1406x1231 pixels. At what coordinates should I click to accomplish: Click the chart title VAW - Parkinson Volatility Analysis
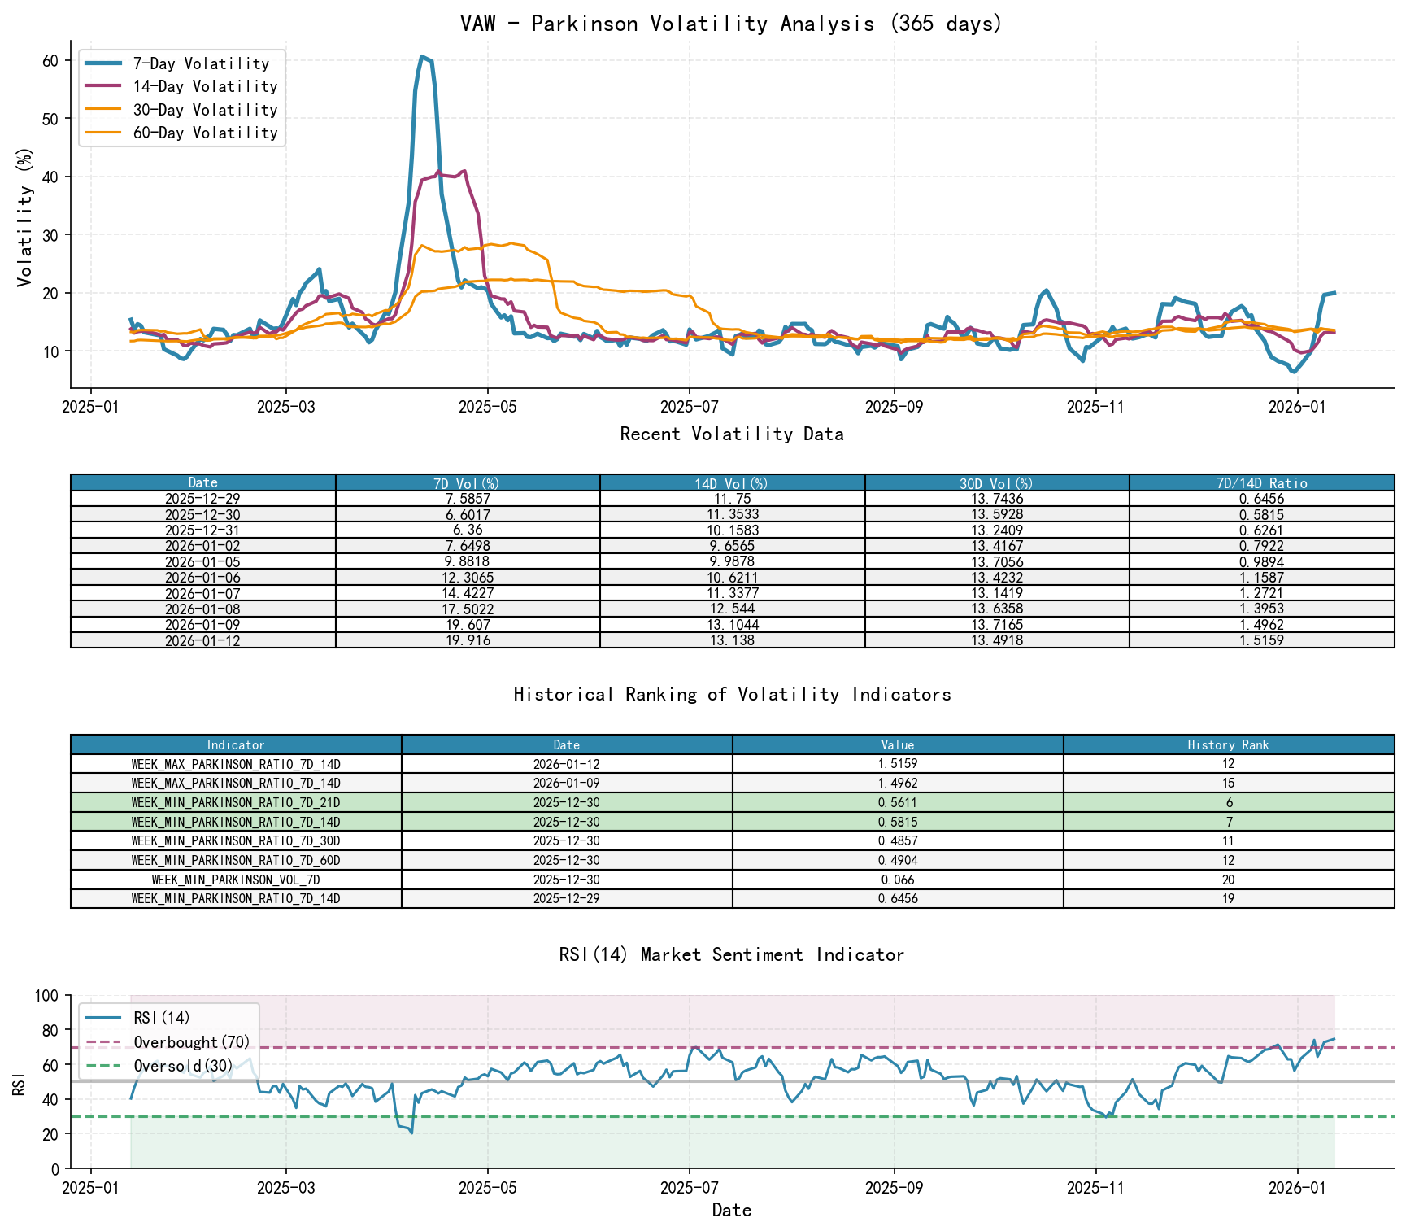coord(731,24)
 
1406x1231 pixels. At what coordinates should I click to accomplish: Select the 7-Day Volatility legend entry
coord(201,63)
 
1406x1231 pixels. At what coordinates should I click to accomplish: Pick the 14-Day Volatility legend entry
coord(205,86)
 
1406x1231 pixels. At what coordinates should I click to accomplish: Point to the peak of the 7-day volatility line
coord(421,56)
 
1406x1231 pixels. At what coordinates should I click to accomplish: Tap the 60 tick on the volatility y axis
coord(50,61)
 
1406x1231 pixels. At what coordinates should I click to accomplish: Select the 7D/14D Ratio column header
coord(1261,483)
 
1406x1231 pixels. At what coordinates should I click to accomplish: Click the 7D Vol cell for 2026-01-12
coord(468,640)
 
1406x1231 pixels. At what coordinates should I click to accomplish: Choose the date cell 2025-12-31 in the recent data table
coord(202,530)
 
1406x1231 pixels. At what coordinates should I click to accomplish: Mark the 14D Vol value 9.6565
coord(732,546)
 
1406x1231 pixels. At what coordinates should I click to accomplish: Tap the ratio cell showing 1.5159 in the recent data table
coord(1261,640)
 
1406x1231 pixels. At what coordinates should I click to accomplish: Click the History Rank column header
coord(1228,745)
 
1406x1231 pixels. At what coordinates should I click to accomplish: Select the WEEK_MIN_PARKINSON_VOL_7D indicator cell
coord(236,880)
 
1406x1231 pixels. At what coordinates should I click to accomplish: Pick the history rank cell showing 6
coord(1228,803)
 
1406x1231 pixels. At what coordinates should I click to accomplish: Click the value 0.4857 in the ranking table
coord(898,841)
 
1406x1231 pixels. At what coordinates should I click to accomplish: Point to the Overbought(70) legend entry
coord(192,1042)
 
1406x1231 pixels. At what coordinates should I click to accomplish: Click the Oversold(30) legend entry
coord(183,1066)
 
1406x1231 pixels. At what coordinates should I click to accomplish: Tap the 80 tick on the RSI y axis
coord(50,1031)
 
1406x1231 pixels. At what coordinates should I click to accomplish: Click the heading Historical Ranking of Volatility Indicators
coord(732,694)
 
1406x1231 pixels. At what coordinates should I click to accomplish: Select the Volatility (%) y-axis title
coord(25,217)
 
